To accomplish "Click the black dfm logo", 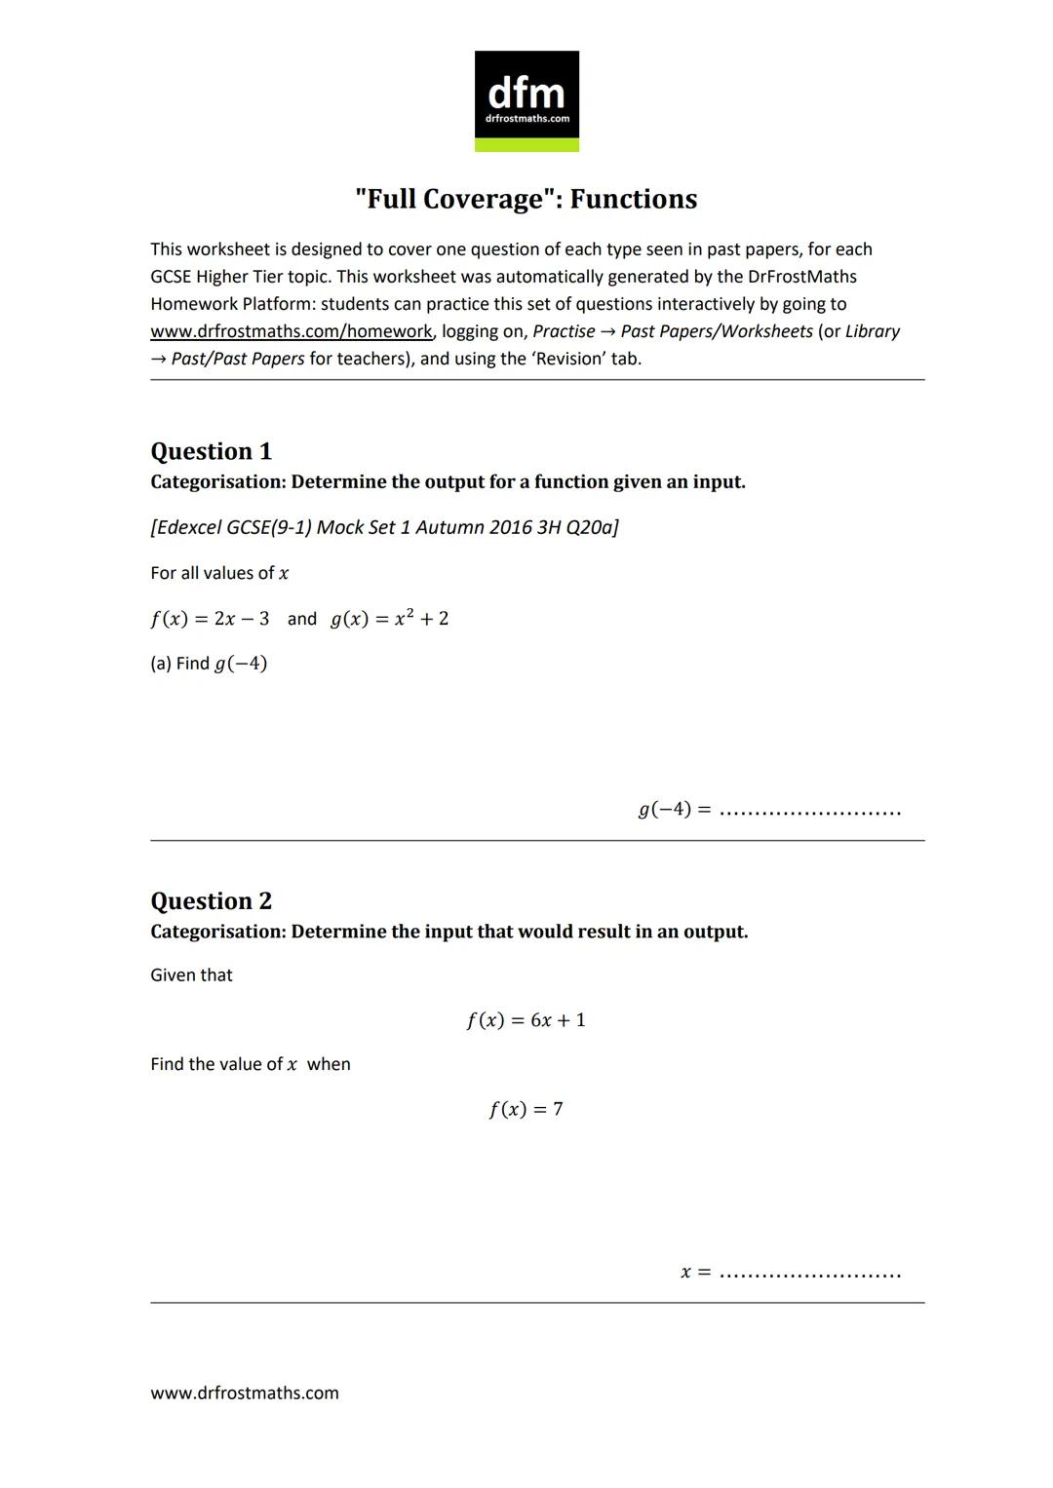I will [x=526, y=95].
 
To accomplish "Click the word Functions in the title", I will [x=633, y=199].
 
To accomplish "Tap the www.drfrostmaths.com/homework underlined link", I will [x=291, y=331].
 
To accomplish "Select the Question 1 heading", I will [x=211, y=451].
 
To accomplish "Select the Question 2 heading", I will [x=211, y=900].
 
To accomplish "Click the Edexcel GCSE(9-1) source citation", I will [x=384, y=527].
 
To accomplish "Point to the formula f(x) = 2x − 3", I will [x=210, y=619].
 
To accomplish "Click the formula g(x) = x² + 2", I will [x=389, y=619].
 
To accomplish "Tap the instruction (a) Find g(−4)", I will [x=209, y=664].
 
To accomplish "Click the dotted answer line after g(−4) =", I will [x=809, y=811].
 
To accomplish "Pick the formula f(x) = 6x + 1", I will [x=526, y=1020].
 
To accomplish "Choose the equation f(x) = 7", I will [x=526, y=1109].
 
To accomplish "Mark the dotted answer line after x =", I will [x=809, y=1274].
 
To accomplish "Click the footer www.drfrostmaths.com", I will [x=245, y=1393].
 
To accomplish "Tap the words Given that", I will [x=191, y=975].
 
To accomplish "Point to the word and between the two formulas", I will [x=301, y=619].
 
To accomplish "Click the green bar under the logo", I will [x=526, y=145].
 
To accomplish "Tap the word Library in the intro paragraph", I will [x=873, y=331].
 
